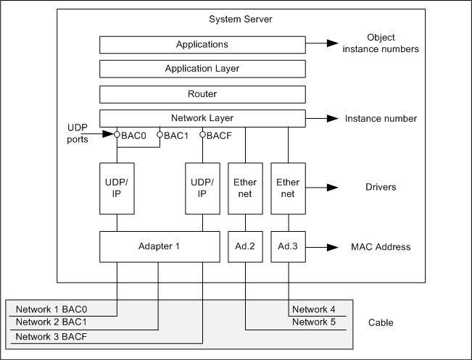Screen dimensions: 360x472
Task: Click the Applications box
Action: coord(202,45)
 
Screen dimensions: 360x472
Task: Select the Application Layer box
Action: coord(202,69)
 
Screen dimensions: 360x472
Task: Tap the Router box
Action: coord(202,93)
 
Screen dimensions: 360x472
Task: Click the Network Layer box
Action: coord(202,118)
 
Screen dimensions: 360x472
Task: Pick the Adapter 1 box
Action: coord(159,246)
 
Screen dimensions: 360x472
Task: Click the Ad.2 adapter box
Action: coord(246,246)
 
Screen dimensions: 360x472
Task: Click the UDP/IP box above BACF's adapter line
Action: coord(202,188)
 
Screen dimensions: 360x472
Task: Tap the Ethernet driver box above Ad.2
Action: coord(246,188)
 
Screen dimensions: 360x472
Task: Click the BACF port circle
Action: coord(203,134)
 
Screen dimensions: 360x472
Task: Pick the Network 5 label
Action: coord(314,322)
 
